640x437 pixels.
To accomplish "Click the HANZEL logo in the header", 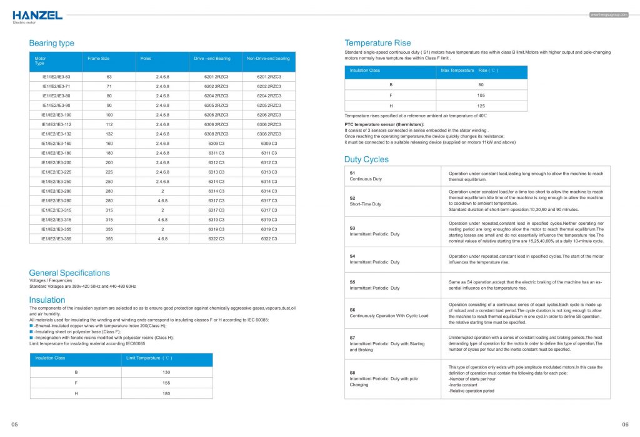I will tap(37, 15).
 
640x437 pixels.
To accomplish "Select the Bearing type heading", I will tap(51, 43).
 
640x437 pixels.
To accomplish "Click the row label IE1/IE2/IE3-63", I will tap(56, 76).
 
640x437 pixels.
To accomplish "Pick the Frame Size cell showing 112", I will tap(109, 124).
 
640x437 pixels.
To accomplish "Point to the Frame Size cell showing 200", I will tap(109, 162).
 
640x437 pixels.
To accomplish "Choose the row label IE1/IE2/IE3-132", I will tap(56, 134).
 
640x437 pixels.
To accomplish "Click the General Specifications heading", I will tap(69, 273).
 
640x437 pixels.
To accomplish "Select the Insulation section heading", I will tap(47, 300).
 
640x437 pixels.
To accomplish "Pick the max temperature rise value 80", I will tap(481, 84).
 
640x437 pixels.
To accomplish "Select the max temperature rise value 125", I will tap(481, 106).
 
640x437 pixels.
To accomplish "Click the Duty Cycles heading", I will tap(366, 159).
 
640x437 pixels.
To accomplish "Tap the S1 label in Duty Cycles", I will tap(352, 172).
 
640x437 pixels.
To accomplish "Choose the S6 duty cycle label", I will tap(352, 310).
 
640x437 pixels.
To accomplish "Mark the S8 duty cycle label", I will tap(352, 372).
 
